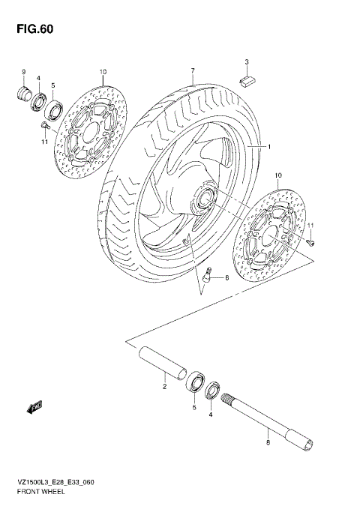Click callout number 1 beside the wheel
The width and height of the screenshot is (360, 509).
[x=267, y=148]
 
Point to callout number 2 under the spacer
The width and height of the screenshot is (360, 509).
[x=163, y=387]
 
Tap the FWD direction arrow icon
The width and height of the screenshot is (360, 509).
[x=34, y=408]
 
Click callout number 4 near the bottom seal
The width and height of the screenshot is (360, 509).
[x=211, y=415]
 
